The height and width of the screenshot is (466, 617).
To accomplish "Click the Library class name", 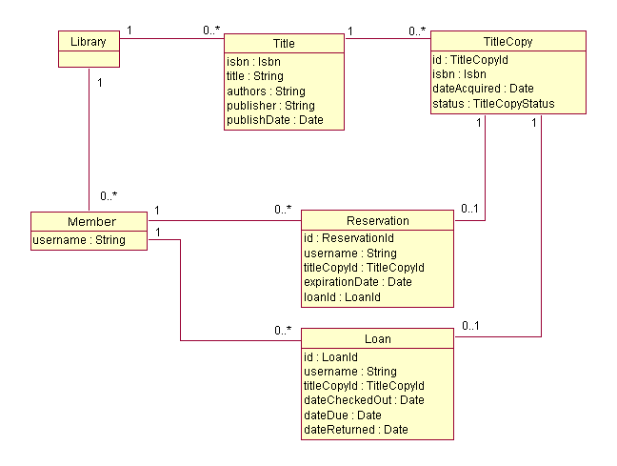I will (x=89, y=41).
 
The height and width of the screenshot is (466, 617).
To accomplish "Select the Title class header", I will (x=284, y=44).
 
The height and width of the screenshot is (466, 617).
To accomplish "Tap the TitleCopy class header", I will (x=508, y=42).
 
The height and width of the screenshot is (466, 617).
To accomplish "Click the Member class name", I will (x=91, y=221).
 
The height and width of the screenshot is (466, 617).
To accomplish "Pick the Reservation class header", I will (x=377, y=220).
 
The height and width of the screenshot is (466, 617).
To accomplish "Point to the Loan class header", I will (x=377, y=338).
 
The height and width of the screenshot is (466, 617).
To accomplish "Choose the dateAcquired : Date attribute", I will (x=483, y=88).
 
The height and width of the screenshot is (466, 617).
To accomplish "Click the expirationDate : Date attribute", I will (x=357, y=282).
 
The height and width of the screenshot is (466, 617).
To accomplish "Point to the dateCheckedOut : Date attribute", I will (x=364, y=399).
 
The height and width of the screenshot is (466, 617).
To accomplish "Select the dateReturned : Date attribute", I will (x=355, y=430).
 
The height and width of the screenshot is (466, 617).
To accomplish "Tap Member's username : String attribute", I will (x=79, y=239).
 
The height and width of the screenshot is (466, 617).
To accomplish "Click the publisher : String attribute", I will (x=270, y=105).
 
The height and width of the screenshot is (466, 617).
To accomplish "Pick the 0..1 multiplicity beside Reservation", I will (x=469, y=210).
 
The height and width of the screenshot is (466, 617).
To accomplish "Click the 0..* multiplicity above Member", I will (x=109, y=196).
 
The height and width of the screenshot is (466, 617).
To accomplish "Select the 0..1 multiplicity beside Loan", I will (x=469, y=327).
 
